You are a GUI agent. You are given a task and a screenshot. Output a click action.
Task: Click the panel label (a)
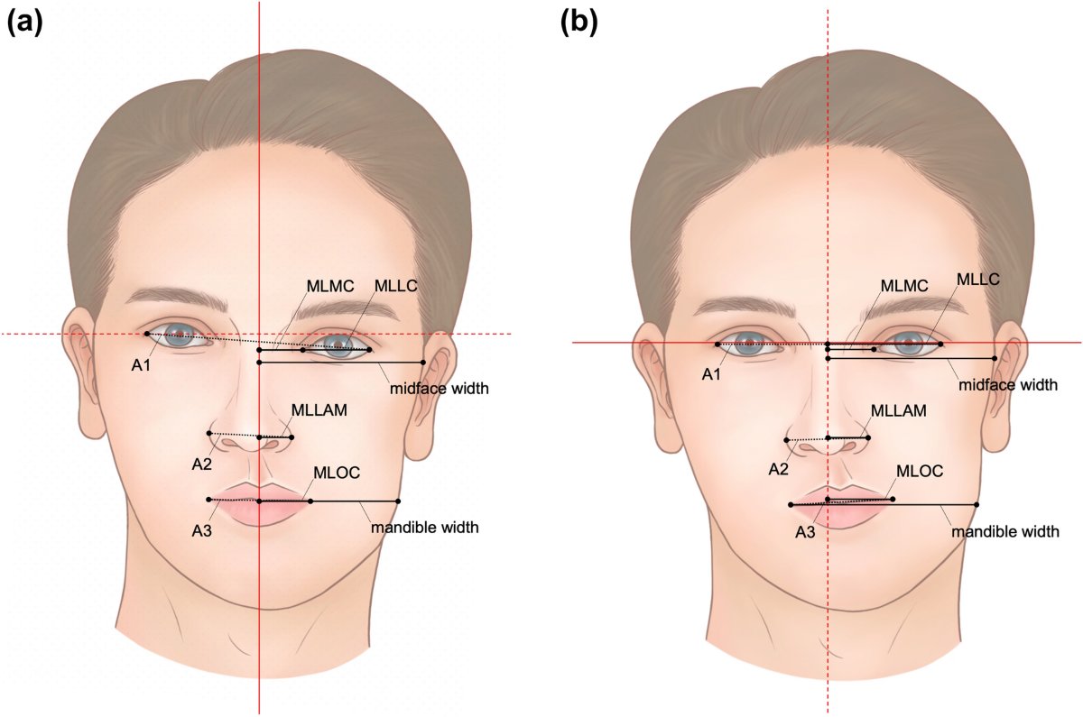click(x=25, y=24)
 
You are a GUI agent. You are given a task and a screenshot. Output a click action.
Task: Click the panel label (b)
click(x=579, y=24)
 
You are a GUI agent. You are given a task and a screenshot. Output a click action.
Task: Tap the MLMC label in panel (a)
click(x=330, y=287)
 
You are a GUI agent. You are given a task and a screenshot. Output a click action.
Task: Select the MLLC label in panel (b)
click(x=978, y=279)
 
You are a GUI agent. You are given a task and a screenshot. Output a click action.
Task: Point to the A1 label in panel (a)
click(x=141, y=366)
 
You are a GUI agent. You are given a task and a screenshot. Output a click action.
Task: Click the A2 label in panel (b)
click(x=778, y=469)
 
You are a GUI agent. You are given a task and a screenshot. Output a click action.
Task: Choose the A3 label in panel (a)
click(x=201, y=531)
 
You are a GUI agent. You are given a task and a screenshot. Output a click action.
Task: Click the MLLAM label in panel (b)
click(x=899, y=411)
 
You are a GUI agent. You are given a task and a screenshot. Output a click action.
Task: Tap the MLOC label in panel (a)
click(x=337, y=472)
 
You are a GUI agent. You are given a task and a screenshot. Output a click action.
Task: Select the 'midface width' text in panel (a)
click(x=440, y=388)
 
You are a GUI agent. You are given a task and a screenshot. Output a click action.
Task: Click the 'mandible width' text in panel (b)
click(x=1005, y=532)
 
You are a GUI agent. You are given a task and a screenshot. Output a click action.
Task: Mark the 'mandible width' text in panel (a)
click(x=425, y=527)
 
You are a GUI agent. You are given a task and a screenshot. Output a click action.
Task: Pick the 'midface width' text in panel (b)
click(x=1008, y=385)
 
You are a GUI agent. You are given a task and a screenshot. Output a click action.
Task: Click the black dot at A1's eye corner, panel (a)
click(x=147, y=334)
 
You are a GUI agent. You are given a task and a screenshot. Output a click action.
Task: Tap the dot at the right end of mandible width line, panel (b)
click(x=977, y=505)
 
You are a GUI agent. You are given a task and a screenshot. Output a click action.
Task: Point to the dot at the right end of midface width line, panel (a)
click(x=423, y=363)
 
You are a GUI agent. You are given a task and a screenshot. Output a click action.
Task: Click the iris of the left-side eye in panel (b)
click(x=749, y=343)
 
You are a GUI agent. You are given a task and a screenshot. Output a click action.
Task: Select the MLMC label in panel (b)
click(x=904, y=286)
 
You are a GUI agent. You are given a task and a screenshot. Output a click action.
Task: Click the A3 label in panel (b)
click(x=805, y=532)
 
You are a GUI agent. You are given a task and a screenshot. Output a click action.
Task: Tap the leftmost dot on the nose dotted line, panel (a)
click(x=208, y=433)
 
